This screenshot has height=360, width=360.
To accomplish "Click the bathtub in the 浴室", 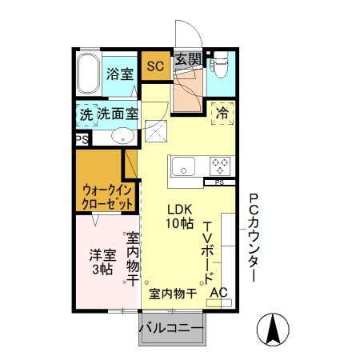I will [x=90, y=76].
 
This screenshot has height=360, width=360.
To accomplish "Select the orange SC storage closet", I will [x=154, y=66].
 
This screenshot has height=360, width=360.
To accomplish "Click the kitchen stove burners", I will [x=220, y=166].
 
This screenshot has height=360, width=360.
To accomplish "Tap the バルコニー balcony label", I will [x=171, y=328].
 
